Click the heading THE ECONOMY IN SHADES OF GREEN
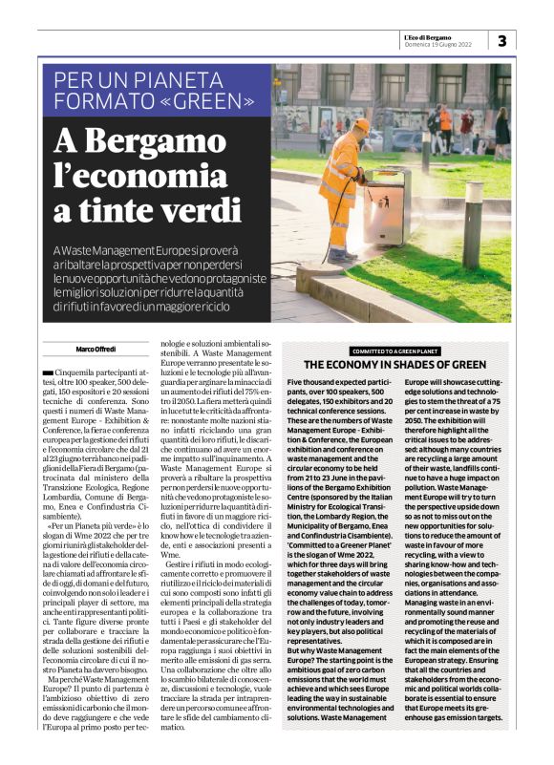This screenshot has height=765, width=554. tap(397, 365)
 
